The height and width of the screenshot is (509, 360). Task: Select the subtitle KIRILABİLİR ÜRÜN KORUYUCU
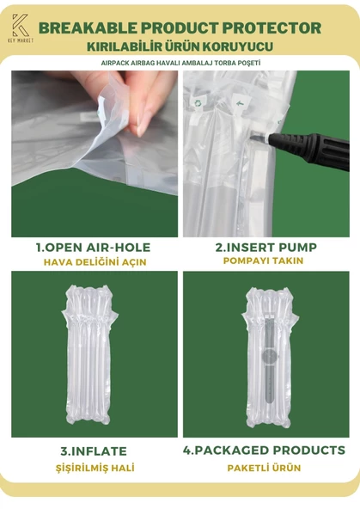180,45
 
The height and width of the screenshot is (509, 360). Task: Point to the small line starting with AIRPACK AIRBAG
180,63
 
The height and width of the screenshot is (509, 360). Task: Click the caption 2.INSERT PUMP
265,248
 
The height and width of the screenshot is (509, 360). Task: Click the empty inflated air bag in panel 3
92,357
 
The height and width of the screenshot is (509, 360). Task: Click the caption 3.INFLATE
94,451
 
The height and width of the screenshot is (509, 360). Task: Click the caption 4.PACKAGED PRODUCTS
265,451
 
